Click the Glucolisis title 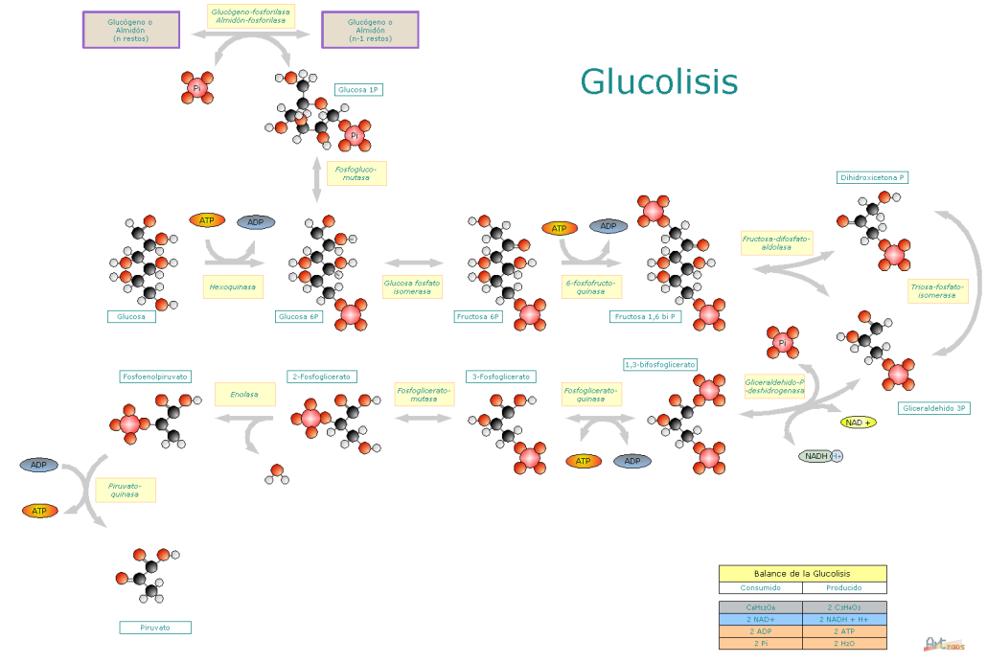coord(659,81)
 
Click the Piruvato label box coord(154,628)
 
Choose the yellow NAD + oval coord(858,423)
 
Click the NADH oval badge coord(819,456)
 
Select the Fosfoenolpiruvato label coord(155,377)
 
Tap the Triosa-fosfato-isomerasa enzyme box coord(937,291)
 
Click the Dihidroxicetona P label coord(872,177)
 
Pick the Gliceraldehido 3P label coord(934,408)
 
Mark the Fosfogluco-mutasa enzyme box coord(356,173)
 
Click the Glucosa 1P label coord(359,89)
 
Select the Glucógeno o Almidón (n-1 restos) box coord(370,30)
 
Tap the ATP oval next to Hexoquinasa coord(207,220)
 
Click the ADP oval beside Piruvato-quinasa coord(39,465)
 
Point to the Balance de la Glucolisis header coord(802,573)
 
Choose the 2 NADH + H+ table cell coord(844,620)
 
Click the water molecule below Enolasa coord(276,474)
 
